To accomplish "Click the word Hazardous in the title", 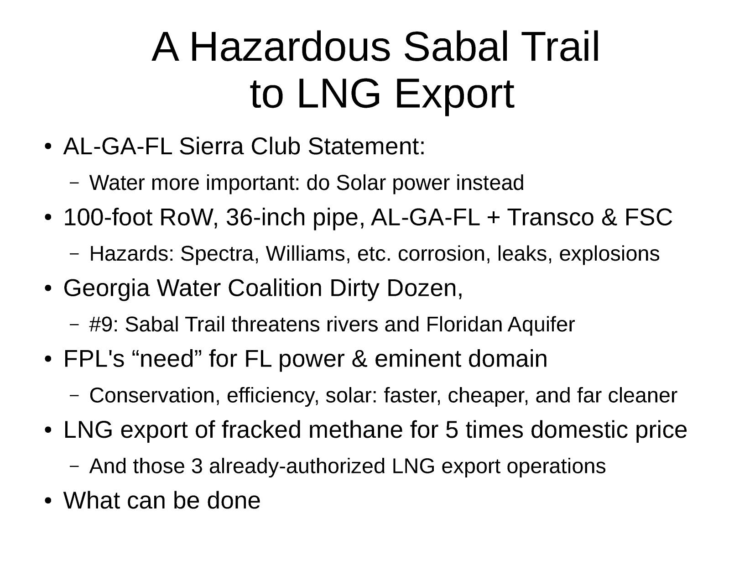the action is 290,47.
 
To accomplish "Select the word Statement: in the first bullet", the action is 366,146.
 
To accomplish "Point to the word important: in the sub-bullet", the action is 253,183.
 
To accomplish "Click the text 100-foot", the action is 108,217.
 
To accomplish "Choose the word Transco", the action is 550,217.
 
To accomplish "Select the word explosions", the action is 609,254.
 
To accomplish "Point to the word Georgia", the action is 107,288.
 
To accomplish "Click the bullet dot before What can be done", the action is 48,501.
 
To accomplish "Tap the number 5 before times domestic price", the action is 452,430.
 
